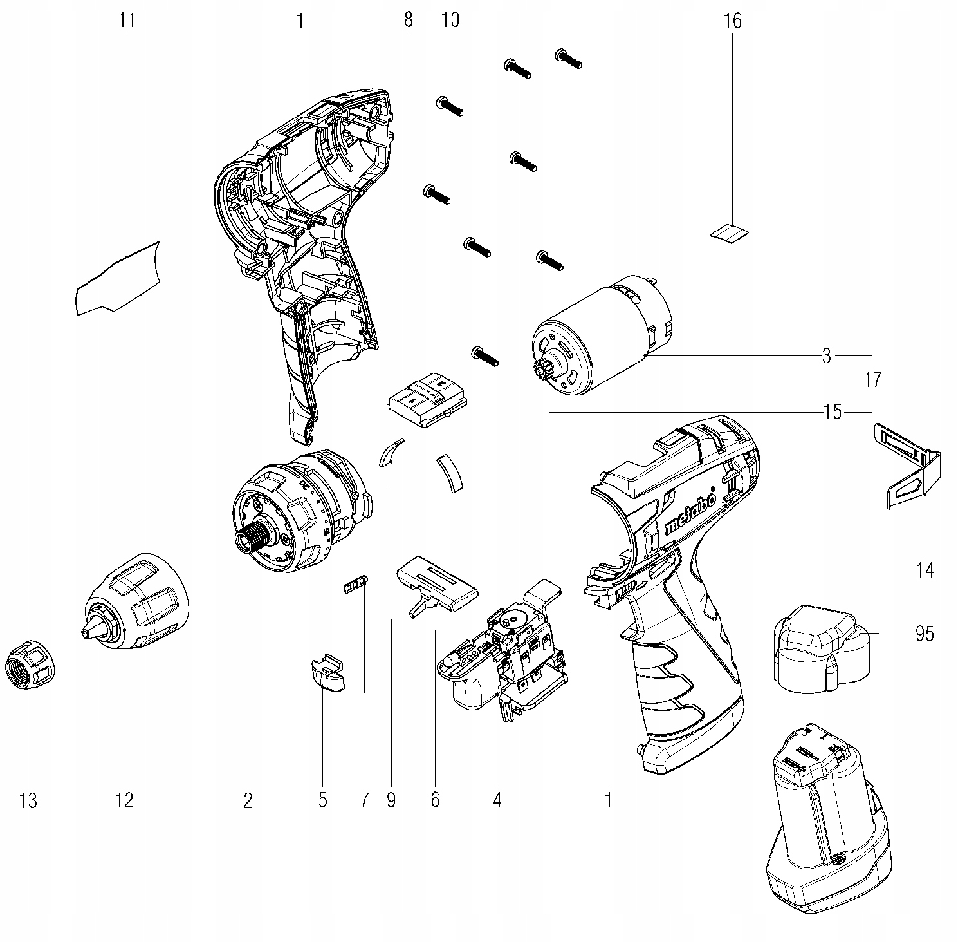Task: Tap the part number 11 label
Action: (127, 20)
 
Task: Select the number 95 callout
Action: (924, 634)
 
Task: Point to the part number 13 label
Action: (28, 800)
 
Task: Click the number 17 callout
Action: (872, 380)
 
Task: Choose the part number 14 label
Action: (924, 570)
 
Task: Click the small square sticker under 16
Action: (730, 232)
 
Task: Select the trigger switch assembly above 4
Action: (508, 657)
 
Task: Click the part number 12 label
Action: (124, 800)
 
